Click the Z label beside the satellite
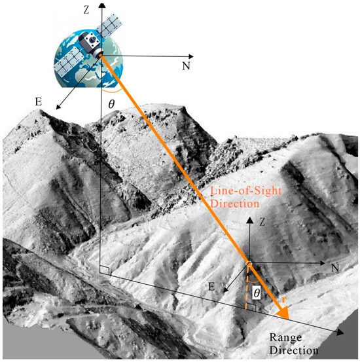coord(86,10)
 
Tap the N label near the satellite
coord(186,66)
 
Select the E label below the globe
coord(39,101)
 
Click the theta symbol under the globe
coord(111,104)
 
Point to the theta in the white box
coord(257,293)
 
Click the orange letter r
coord(284,300)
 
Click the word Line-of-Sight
coord(245,191)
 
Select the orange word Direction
coord(234,204)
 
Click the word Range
coord(285,338)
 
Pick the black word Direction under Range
coord(294,350)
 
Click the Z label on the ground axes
coord(262,223)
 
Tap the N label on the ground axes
coord(335,268)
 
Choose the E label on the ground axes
coord(211,287)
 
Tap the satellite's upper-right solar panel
coord(109,26)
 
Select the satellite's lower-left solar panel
coord(69,62)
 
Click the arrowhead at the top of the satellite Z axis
coord(101,5)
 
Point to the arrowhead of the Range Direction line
coord(340,333)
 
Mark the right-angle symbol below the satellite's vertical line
coord(105,270)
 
